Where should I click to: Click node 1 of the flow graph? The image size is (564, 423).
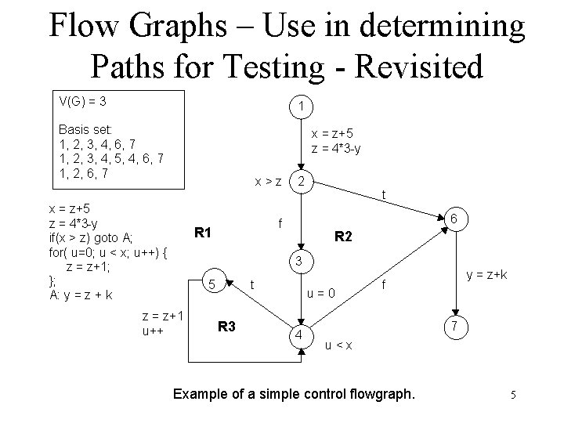point(301,106)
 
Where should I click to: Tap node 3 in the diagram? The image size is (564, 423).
point(298,259)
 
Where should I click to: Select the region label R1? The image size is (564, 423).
point(204,232)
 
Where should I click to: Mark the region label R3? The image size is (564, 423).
point(227,326)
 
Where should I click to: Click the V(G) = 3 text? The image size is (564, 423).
point(83,102)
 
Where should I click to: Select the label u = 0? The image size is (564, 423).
point(321,295)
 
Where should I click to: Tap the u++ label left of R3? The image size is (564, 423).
point(153,331)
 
